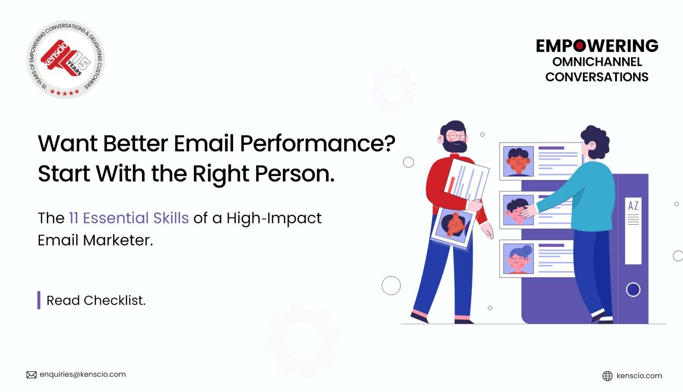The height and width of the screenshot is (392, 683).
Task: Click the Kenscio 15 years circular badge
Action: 66,59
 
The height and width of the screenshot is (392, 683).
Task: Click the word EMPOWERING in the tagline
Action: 597,46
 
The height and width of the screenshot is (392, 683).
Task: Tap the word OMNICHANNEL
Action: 597,62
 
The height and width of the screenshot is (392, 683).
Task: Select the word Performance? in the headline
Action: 317,143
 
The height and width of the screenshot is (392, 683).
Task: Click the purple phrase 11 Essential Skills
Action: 129,218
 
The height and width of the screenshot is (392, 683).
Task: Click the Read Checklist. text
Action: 96,301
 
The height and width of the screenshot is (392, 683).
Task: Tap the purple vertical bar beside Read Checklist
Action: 39,300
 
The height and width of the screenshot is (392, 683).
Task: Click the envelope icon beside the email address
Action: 32,375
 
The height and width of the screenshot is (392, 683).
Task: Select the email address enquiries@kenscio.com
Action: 83,374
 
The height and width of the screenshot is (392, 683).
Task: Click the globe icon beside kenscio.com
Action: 607,376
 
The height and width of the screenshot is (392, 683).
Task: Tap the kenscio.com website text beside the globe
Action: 639,376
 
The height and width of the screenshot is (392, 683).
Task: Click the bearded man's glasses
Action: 457,136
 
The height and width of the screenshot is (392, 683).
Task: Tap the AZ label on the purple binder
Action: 633,206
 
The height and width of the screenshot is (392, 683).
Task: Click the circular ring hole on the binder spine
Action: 633,290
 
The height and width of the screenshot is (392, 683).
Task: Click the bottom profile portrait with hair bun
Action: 518,258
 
